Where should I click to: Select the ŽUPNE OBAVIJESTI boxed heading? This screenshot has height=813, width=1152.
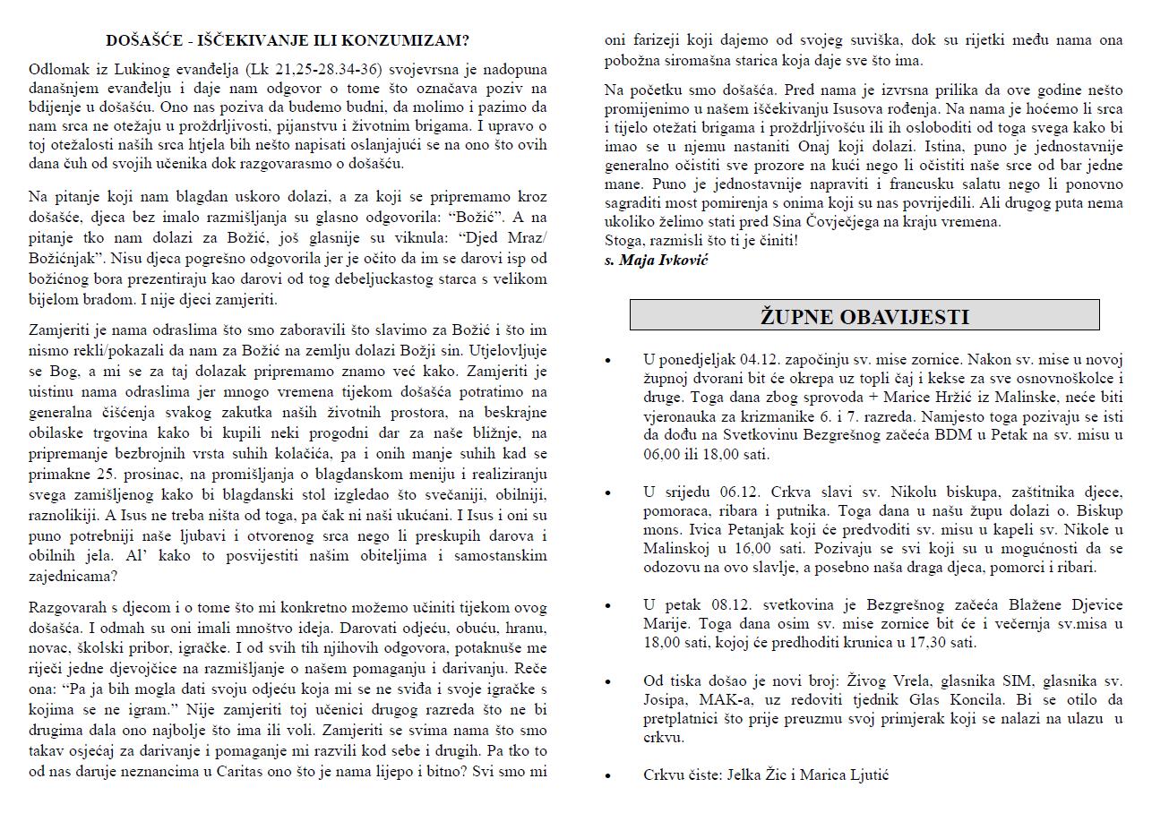(864, 316)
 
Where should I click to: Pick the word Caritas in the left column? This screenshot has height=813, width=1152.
(232, 771)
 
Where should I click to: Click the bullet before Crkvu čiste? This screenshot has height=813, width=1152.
(608, 776)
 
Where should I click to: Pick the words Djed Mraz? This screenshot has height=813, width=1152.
(511, 238)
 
